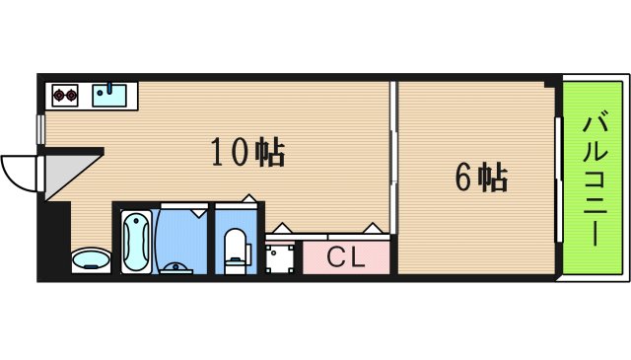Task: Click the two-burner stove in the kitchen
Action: click(66, 96)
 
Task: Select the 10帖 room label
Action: click(246, 153)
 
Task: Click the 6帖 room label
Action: click(480, 178)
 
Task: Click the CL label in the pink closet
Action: click(346, 259)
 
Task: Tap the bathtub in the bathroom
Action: click(136, 242)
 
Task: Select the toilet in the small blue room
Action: click(237, 247)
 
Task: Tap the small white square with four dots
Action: click(281, 256)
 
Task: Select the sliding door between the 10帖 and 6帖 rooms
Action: click(393, 163)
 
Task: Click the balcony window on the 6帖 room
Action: click(557, 179)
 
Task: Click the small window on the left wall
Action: click(41, 128)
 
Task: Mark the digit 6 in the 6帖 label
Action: click(462, 178)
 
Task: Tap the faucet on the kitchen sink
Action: click(109, 89)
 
